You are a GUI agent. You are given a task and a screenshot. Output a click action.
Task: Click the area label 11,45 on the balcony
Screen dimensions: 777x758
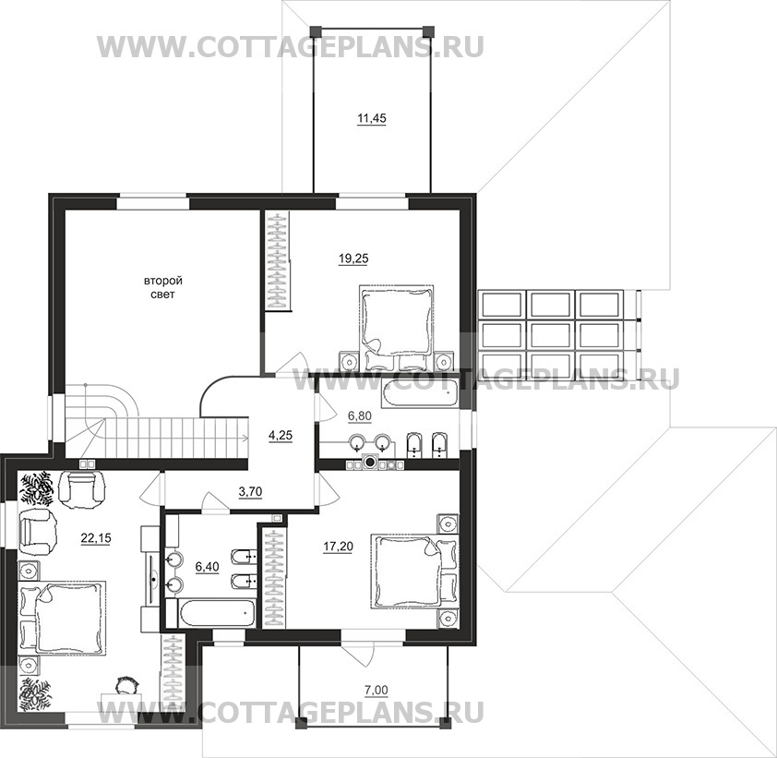[371, 118]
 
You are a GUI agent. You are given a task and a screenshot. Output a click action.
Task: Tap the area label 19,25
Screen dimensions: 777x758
[353, 259]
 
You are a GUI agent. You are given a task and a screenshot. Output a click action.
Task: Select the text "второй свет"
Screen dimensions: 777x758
[163, 287]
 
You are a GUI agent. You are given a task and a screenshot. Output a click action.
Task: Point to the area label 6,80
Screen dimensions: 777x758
[359, 416]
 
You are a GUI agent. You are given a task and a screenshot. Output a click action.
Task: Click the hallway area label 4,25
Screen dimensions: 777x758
[281, 435]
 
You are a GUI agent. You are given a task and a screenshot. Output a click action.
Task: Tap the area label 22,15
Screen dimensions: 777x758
[96, 537]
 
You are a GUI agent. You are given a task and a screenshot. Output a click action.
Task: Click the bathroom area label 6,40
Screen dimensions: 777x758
[207, 566]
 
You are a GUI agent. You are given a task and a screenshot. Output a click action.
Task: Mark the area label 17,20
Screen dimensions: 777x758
[338, 547]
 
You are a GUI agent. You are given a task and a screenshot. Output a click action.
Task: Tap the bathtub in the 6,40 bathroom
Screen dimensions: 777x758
[210, 613]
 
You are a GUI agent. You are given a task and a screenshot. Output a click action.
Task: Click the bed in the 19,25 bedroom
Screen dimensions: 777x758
[396, 327]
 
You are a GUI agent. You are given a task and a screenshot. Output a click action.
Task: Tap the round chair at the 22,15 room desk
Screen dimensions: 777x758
[126, 686]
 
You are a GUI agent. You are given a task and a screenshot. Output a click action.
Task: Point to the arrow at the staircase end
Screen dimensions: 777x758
[245, 438]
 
